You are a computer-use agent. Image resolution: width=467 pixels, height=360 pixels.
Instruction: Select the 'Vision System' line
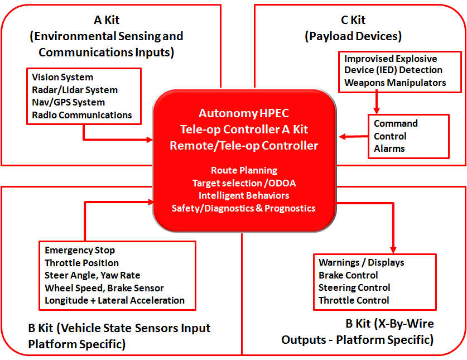(x=62, y=77)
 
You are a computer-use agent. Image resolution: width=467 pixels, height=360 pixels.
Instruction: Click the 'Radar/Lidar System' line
(x=75, y=90)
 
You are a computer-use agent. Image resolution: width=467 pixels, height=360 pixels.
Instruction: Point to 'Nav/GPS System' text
(x=68, y=102)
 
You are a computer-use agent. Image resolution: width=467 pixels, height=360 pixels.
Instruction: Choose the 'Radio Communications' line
(x=82, y=115)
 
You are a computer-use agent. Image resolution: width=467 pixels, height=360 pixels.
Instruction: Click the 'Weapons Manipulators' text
(x=395, y=83)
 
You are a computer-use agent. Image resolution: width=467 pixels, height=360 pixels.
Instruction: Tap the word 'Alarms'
(x=389, y=148)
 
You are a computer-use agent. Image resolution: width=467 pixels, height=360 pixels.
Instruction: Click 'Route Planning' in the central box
(x=244, y=170)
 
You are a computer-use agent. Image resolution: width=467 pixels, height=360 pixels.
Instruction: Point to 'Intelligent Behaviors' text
(x=244, y=195)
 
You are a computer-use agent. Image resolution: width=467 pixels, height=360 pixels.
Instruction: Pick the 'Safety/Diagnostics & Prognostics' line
(x=244, y=208)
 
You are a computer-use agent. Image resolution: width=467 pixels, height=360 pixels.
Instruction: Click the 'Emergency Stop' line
(x=80, y=251)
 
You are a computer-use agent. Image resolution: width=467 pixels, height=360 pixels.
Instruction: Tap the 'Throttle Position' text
(x=81, y=263)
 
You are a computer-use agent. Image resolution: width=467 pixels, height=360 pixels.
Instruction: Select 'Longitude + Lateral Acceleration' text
(x=114, y=300)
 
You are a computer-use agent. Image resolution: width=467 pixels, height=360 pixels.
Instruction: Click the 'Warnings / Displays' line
(x=361, y=262)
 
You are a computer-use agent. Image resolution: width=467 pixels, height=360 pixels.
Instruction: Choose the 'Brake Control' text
(x=348, y=275)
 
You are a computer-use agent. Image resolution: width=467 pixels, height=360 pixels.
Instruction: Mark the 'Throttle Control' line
(x=354, y=300)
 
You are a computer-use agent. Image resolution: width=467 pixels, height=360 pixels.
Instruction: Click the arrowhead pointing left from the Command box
(x=343, y=136)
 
